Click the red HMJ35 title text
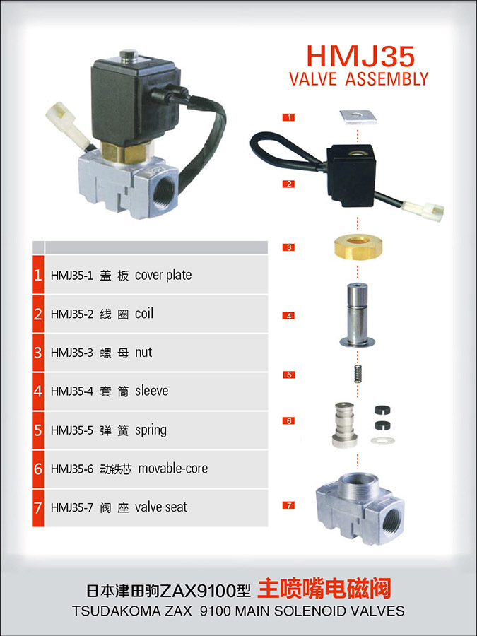click(x=360, y=56)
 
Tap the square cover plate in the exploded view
click(x=358, y=117)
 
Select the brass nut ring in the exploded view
click(x=358, y=247)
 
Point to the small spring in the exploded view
click(x=358, y=374)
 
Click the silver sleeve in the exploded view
click(x=358, y=314)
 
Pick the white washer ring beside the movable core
click(x=382, y=440)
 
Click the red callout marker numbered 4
click(x=289, y=316)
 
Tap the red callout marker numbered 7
click(x=289, y=505)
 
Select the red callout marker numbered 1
click(x=289, y=117)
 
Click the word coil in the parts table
click(x=144, y=314)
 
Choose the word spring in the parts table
click(x=151, y=430)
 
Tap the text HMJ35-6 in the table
click(x=72, y=469)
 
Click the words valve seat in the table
click(x=161, y=507)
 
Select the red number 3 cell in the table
click(x=37, y=353)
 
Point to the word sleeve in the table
click(x=152, y=391)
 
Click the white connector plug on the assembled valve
click(x=66, y=123)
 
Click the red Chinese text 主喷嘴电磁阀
click(x=324, y=589)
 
